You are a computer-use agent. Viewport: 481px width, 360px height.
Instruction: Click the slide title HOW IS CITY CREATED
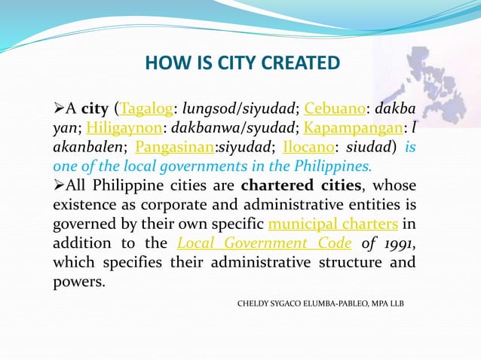[243, 62]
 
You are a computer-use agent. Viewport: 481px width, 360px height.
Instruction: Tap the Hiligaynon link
[120, 129]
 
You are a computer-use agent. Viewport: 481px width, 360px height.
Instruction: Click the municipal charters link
[333, 224]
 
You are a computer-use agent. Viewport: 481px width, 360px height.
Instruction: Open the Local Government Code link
[264, 243]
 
